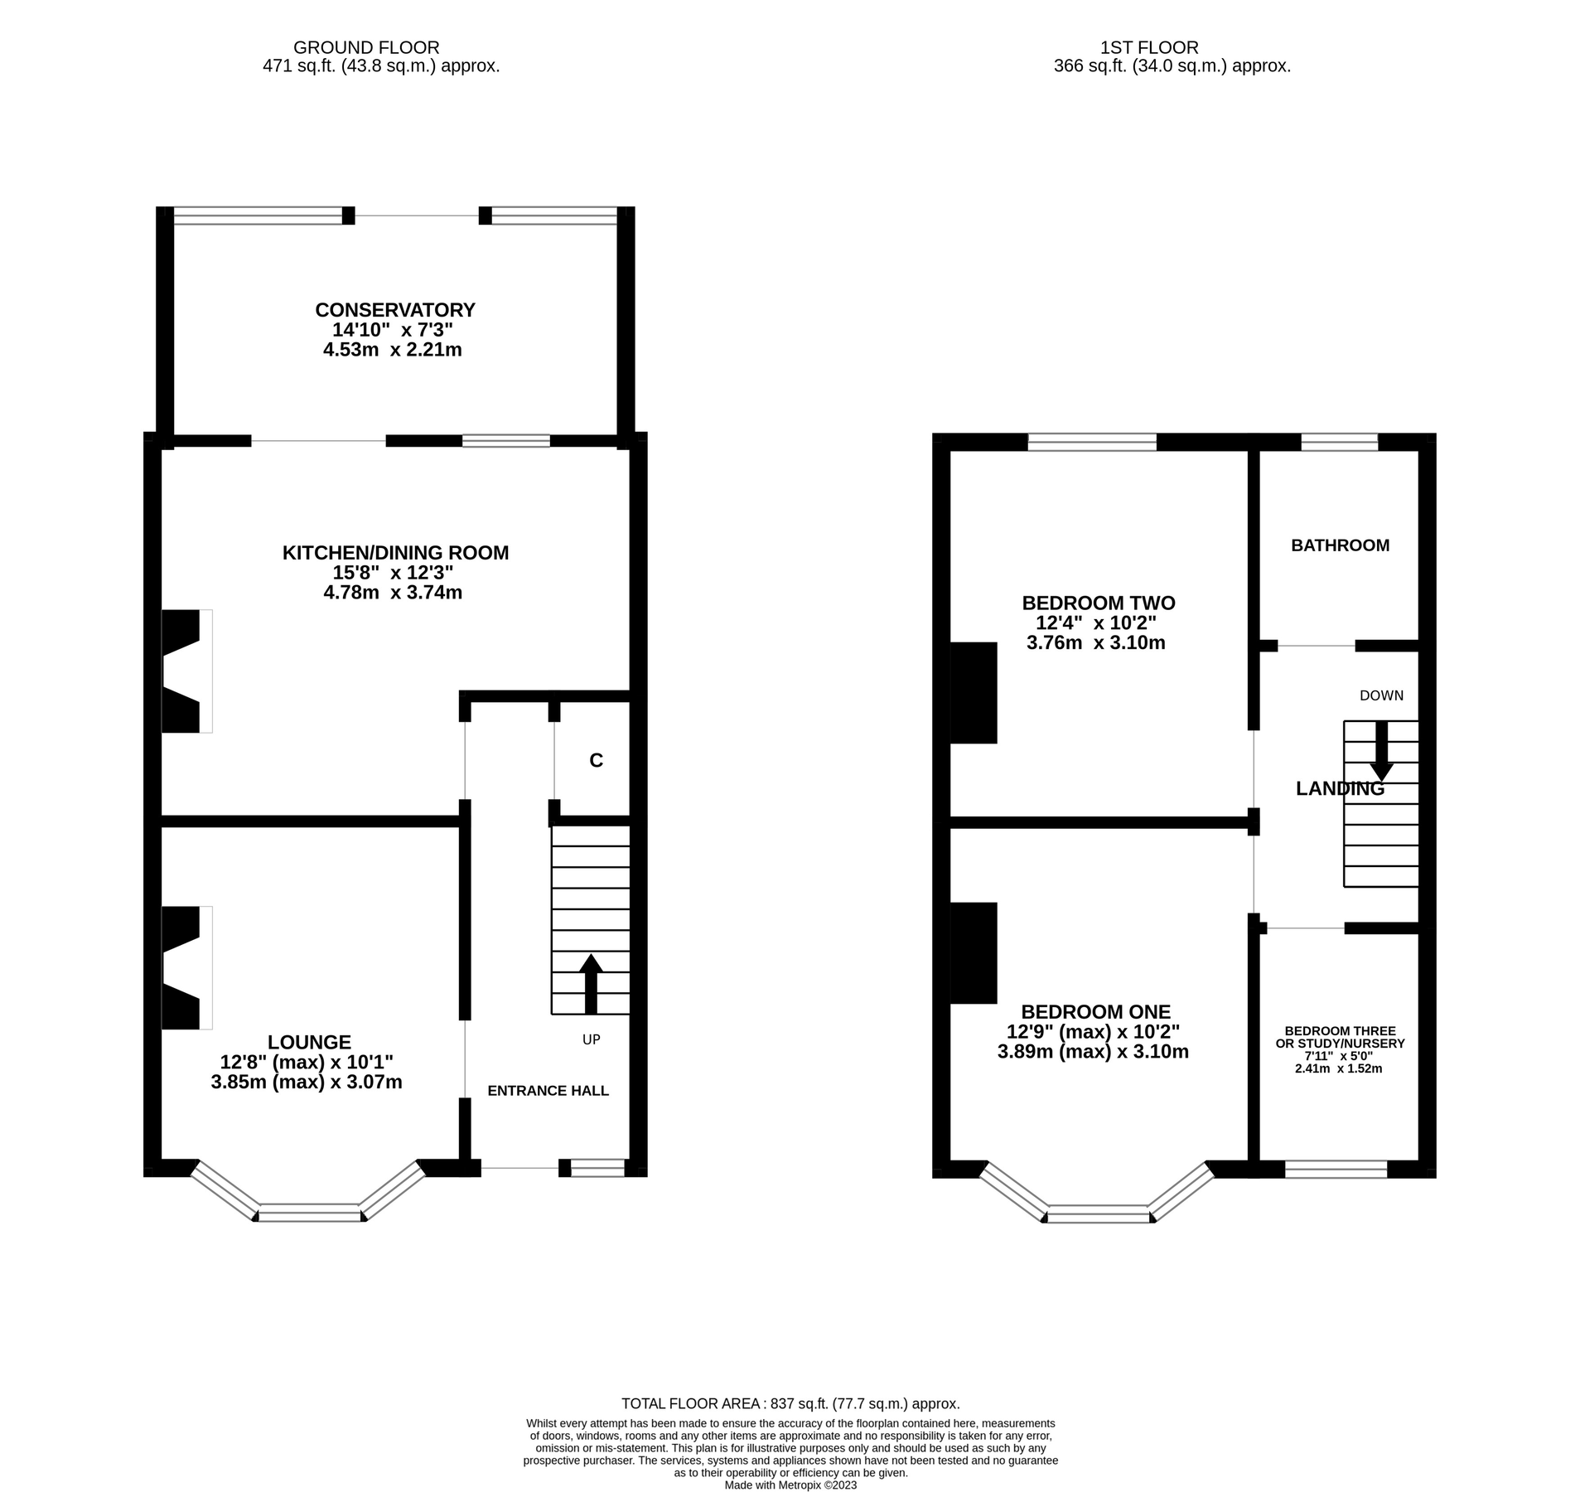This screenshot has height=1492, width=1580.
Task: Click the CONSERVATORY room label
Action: pyautogui.click(x=394, y=310)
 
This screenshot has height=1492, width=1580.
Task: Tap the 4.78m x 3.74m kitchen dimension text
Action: pyautogui.click(x=393, y=592)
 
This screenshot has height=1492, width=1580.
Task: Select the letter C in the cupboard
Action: pyautogui.click(x=596, y=760)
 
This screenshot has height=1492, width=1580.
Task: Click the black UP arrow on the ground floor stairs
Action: pyautogui.click(x=590, y=983)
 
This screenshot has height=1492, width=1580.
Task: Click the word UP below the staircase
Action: pyautogui.click(x=591, y=1039)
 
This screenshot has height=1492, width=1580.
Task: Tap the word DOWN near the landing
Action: pyautogui.click(x=1381, y=695)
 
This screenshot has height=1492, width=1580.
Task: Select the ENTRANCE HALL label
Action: pyautogui.click(x=548, y=1091)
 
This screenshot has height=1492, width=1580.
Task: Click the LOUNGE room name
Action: pyautogui.click(x=309, y=1042)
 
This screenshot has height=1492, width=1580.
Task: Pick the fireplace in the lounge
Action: pyautogui.click(x=182, y=967)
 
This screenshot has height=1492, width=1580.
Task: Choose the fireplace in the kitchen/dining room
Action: pyautogui.click(x=182, y=671)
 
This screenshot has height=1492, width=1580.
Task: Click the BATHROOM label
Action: pyautogui.click(x=1340, y=545)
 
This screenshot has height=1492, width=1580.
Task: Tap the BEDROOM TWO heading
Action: pyautogui.click(x=1098, y=603)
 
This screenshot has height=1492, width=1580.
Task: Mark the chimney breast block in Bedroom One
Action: pyautogui.click(x=973, y=952)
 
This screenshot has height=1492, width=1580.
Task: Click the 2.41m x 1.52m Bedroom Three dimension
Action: pyautogui.click(x=1338, y=1068)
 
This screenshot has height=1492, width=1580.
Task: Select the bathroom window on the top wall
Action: pyautogui.click(x=1339, y=442)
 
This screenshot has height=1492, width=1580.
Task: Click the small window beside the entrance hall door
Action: pyautogui.click(x=597, y=1168)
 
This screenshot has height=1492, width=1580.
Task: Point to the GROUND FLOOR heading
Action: pyautogui.click(x=365, y=48)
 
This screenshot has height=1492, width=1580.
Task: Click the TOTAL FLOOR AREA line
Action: pyautogui.click(x=790, y=1403)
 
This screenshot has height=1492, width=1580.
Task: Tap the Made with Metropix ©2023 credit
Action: pyautogui.click(x=790, y=1485)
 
